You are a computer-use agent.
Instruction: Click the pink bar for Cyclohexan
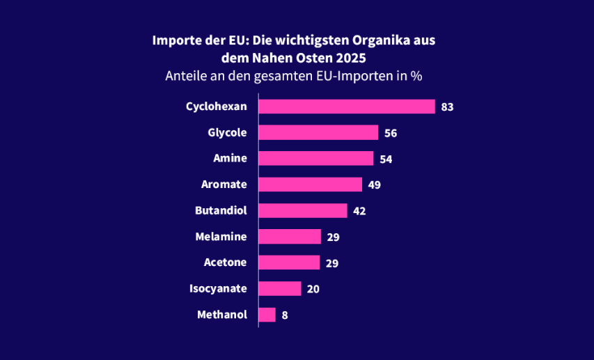[x=347, y=107]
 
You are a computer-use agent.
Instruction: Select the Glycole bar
[x=318, y=132]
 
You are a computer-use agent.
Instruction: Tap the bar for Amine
[x=316, y=159]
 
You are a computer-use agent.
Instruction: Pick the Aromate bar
[x=310, y=185]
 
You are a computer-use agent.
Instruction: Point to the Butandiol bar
[x=303, y=210]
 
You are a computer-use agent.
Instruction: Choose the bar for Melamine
[x=290, y=237]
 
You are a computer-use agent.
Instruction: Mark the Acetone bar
[x=289, y=263]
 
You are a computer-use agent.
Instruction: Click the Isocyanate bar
[x=280, y=288]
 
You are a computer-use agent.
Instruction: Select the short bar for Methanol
[x=267, y=315]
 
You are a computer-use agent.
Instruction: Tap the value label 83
[x=447, y=107]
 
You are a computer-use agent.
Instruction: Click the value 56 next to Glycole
[x=391, y=133]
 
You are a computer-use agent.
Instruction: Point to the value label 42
[x=359, y=211]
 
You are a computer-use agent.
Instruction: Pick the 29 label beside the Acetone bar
[x=332, y=263]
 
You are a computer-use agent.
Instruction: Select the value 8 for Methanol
[x=285, y=315]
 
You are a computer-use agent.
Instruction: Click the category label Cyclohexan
[x=216, y=107]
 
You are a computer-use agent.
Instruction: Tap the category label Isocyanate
[x=218, y=288]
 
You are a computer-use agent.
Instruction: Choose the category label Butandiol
[x=221, y=210]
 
